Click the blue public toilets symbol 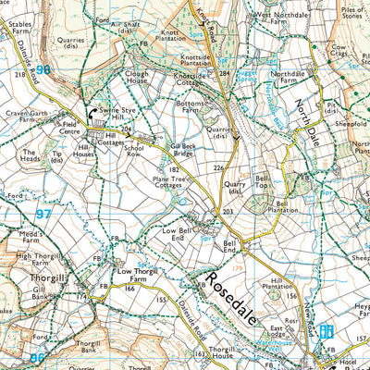point(325,331)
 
